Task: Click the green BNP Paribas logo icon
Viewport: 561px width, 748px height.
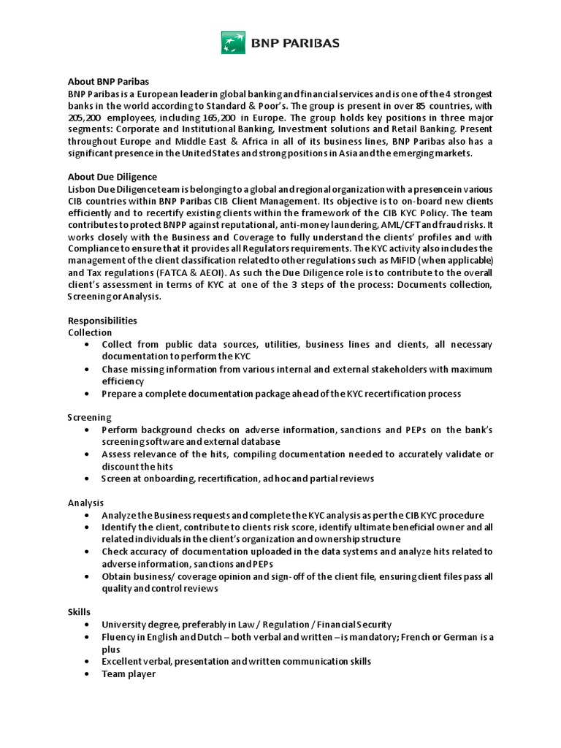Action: point(233,42)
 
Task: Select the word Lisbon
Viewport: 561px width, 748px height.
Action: point(81,188)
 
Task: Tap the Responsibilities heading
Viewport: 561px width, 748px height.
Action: point(102,320)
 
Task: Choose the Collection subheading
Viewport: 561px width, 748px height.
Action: point(90,332)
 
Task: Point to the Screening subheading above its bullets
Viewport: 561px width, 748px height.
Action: point(90,417)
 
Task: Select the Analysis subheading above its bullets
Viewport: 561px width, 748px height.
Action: point(86,503)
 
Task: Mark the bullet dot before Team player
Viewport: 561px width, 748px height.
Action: point(88,674)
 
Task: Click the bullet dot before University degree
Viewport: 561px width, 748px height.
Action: point(88,625)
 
